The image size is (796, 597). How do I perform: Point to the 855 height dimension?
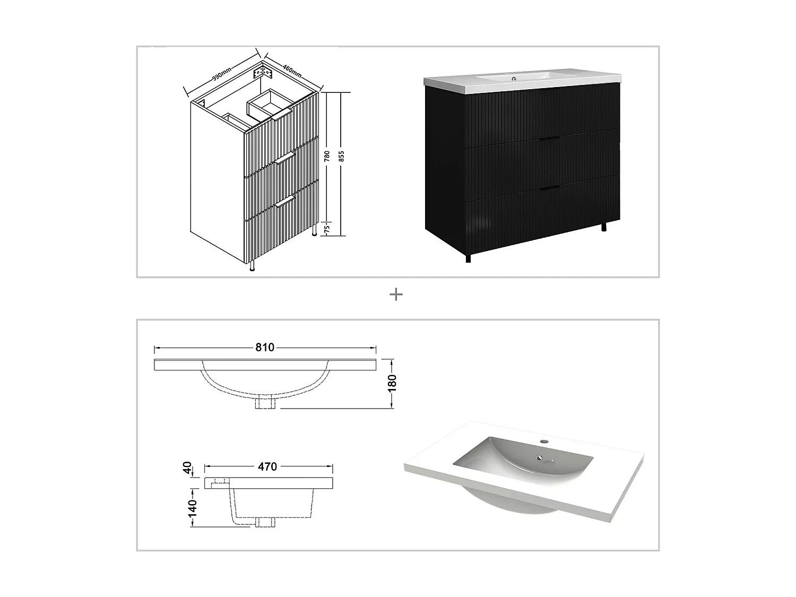342,156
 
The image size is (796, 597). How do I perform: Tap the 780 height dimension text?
327,156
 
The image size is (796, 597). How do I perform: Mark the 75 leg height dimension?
327,228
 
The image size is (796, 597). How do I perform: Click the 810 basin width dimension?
265,348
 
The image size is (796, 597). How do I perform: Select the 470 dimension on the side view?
267,467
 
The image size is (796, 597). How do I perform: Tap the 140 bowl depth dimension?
192,508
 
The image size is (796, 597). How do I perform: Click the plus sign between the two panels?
396,295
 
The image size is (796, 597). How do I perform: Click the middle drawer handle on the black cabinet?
549,139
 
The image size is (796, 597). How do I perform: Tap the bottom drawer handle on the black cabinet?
549,188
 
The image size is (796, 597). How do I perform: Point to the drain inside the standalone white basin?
540,458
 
